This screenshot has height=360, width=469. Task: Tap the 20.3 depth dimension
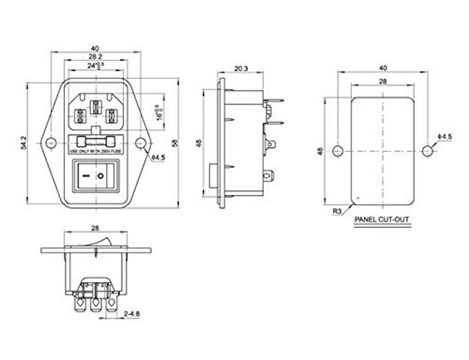coord(240,69)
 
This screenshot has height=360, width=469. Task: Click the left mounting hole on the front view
coord(51,142)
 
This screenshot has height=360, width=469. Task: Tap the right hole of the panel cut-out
coord(426,151)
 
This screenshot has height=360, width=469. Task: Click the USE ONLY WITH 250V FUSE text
coord(95,152)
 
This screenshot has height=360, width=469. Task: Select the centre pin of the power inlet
coord(95,108)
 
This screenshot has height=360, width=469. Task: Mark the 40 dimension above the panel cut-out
coord(382,67)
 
